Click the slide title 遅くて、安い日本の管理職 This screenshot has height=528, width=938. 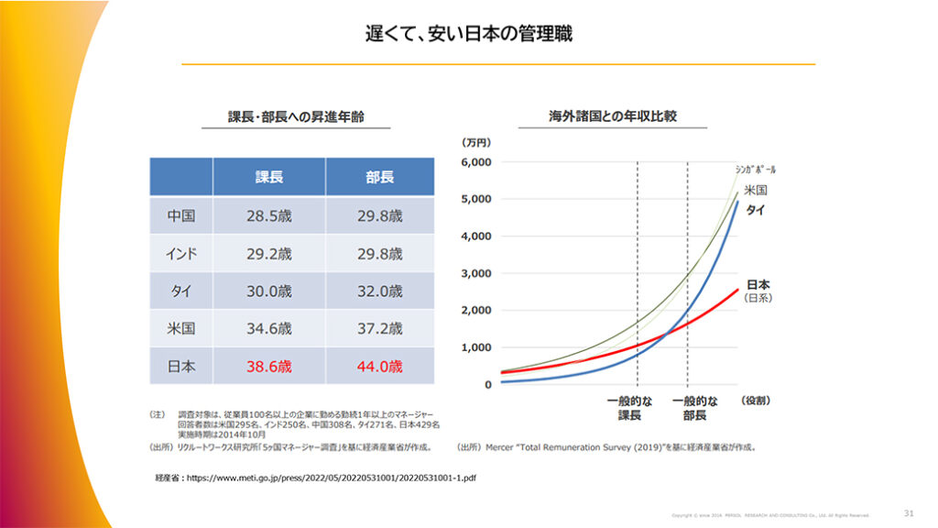pyautogui.click(x=469, y=35)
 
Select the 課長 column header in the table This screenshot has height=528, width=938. pyautogui.click(x=268, y=177)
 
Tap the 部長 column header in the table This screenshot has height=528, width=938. pyautogui.click(x=379, y=177)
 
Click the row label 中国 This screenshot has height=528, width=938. pyautogui.click(x=181, y=216)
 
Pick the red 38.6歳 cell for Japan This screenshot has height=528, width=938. pyautogui.click(x=268, y=366)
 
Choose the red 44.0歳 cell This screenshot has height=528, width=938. pyautogui.click(x=379, y=366)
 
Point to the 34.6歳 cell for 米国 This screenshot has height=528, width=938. pyautogui.click(x=268, y=328)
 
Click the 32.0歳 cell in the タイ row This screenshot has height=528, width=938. pyautogui.click(x=379, y=291)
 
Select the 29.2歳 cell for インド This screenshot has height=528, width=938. pyautogui.click(x=268, y=254)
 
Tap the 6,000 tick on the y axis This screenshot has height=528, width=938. pyautogui.click(x=475, y=162)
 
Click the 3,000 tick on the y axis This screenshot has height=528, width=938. pyautogui.click(x=475, y=273)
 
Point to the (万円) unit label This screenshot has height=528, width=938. pyautogui.click(x=476, y=142)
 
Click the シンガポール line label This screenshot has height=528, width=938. pyautogui.click(x=756, y=170)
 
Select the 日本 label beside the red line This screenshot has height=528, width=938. pyautogui.click(x=758, y=285)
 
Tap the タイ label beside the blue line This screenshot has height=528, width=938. pyautogui.click(x=756, y=210)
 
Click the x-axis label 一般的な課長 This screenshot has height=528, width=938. pyautogui.click(x=629, y=408)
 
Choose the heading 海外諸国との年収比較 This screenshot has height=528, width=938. pyautogui.click(x=613, y=117)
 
